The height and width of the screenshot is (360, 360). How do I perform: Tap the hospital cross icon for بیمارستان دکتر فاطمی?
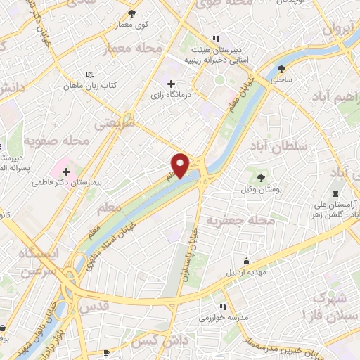pos(66,171)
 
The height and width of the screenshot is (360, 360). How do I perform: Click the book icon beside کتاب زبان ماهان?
pos(89,75)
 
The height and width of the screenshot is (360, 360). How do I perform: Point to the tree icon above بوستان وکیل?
pos(262,177)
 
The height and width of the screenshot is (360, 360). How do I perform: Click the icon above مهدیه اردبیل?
pos(245,262)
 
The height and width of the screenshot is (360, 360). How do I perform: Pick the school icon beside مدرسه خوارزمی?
pos(223,307)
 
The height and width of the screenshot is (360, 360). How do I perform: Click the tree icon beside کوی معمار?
pos(133,13)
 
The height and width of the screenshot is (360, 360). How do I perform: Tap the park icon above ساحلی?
pos(282,69)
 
